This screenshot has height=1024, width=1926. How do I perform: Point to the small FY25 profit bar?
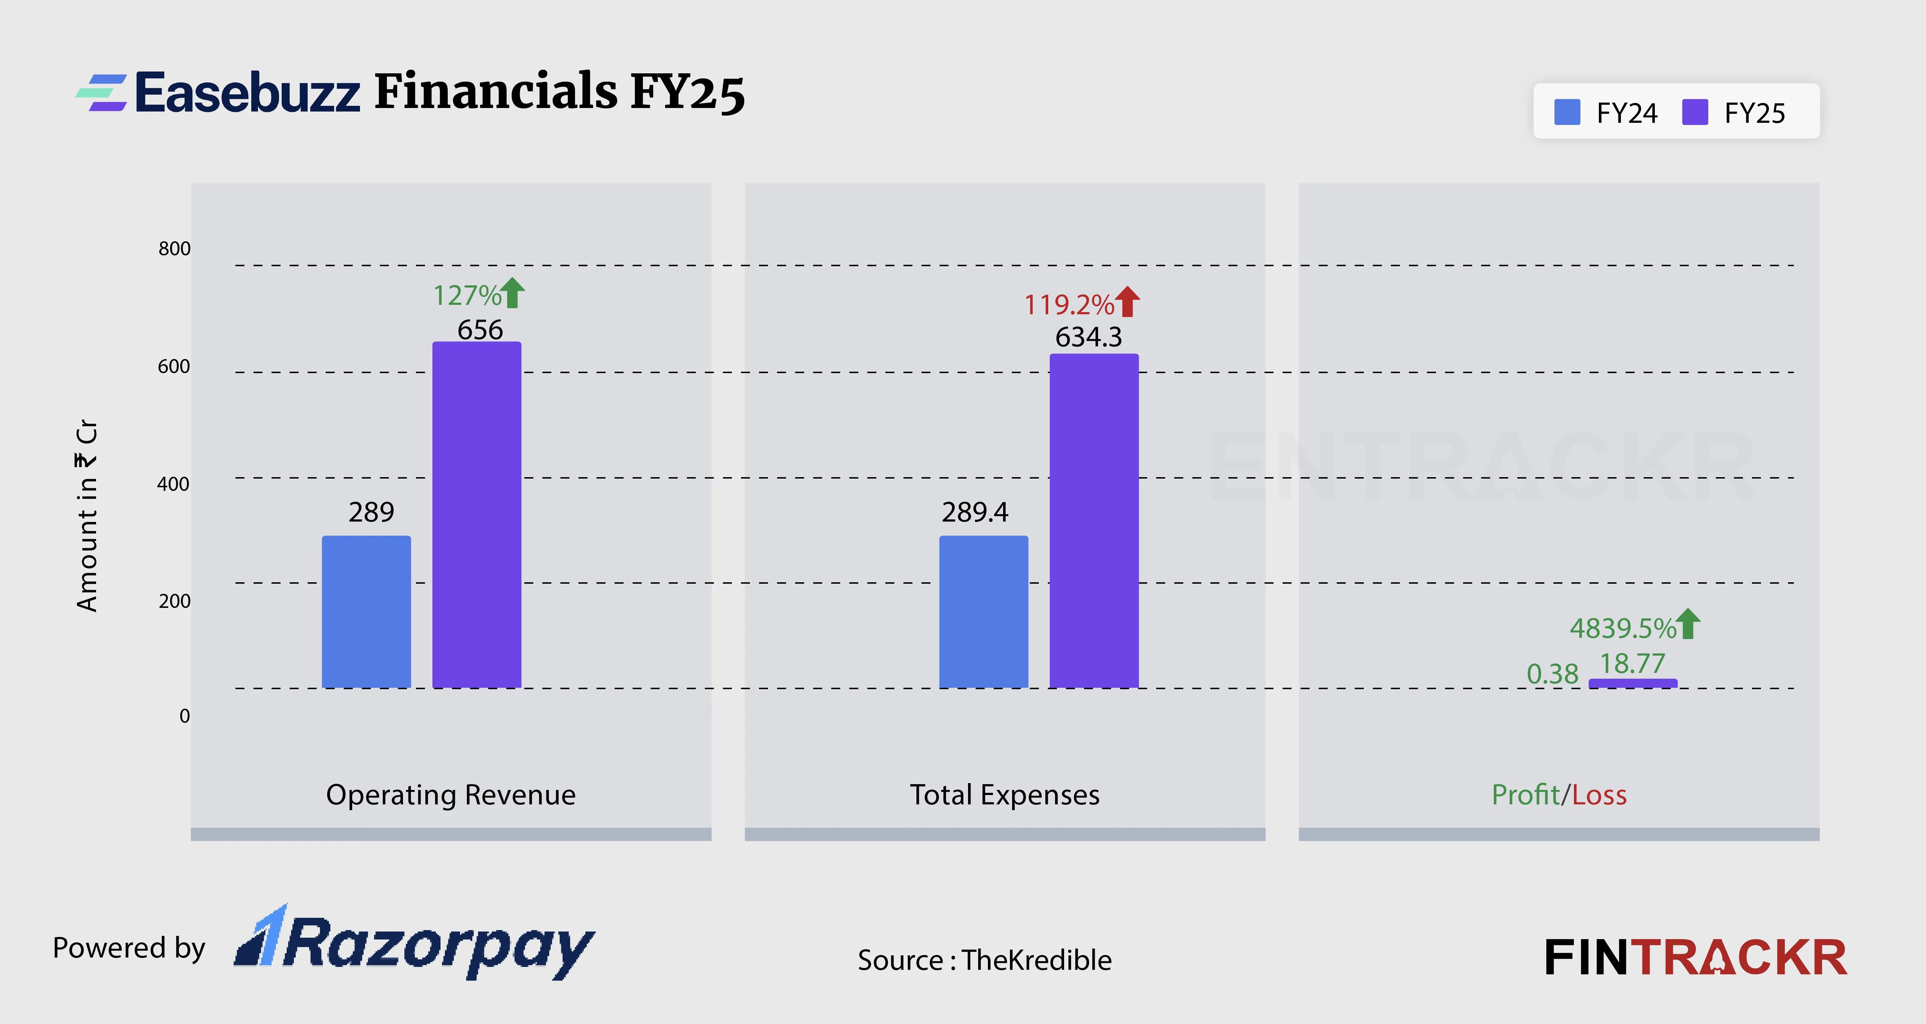[1633, 683]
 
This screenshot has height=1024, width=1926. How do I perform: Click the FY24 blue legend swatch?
[1567, 113]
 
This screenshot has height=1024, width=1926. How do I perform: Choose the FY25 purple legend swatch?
[1695, 113]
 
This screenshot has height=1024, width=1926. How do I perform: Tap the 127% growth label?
[467, 295]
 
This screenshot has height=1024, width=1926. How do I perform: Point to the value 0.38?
[1552, 674]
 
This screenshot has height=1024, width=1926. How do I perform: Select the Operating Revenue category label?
[451, 794]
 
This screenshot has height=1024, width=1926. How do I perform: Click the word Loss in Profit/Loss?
[1599, 794]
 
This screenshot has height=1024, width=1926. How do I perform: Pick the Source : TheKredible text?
[984, 960]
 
